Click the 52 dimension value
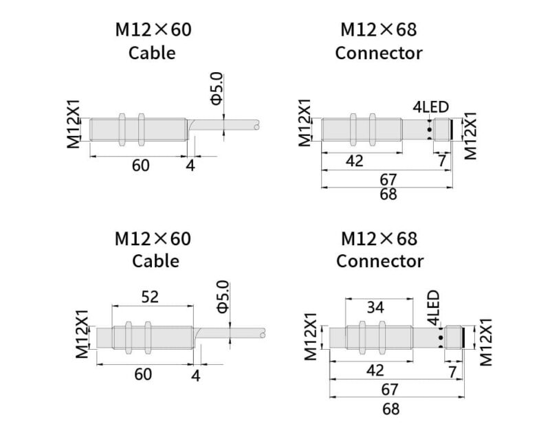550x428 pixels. point(150,297)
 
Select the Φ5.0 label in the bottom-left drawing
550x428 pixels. point(221,296)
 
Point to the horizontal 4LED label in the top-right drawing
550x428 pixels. point(430,107)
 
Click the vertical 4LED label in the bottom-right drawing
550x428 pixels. point(432,308)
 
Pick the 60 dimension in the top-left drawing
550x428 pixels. point(140,166)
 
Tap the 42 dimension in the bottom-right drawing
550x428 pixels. point(375,371)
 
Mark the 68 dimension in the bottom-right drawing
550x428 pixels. point(390,409)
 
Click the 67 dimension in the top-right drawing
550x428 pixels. point(388,179)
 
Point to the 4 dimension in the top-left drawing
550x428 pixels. point(190,166)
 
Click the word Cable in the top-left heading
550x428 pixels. point(152,53)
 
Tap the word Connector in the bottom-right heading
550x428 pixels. point(379,261)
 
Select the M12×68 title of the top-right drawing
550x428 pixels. point(379,30)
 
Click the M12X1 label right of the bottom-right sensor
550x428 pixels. point(487,341)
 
